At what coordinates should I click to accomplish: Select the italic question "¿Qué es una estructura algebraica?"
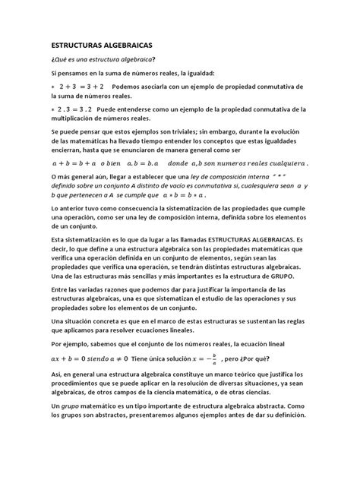(x=103, y=60)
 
